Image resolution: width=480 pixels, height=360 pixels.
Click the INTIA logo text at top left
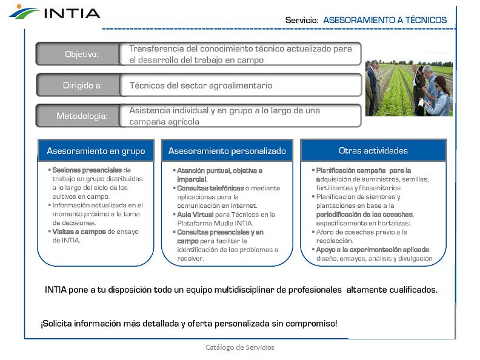72,12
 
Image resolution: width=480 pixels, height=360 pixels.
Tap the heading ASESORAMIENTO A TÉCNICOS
385,20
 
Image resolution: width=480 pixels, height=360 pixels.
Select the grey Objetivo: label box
81,54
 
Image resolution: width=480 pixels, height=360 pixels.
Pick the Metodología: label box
81,116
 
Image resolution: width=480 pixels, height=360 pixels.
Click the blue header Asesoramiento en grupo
96,150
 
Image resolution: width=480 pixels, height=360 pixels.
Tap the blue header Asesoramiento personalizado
227,150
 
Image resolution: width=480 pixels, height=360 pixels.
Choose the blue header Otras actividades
373,150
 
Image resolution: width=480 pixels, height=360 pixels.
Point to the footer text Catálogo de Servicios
240,347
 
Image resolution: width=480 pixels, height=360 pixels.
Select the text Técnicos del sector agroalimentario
201,85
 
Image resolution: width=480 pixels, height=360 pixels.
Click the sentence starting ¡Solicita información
189,324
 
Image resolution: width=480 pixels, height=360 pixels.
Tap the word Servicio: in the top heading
302,20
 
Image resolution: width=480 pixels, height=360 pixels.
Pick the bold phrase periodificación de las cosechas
364,215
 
